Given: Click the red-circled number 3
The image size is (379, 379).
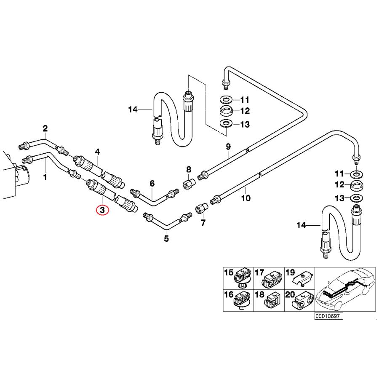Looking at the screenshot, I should (103, 209).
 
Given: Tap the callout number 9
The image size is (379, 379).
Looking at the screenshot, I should (228, 147).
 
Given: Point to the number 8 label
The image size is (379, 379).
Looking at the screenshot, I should (189, 169).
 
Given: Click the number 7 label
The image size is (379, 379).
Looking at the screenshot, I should (203, 222).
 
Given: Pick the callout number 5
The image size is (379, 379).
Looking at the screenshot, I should (166, 239).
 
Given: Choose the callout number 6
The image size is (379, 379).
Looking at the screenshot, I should (152, 183).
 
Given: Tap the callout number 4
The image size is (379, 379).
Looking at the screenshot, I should (97, 151).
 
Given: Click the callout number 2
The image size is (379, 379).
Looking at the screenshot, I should (45, 128).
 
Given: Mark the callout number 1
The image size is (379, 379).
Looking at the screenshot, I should (45, 177).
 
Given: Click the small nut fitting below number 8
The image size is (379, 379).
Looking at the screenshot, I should (189, 184).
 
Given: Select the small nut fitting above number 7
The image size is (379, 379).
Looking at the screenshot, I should (201, 208).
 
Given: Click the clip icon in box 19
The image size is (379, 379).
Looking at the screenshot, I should (303, 278).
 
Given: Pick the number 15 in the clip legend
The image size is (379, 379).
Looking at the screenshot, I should (228, 273).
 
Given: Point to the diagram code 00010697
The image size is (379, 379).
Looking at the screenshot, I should (327, 316).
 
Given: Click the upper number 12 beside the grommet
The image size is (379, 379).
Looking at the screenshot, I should (245, 111).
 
